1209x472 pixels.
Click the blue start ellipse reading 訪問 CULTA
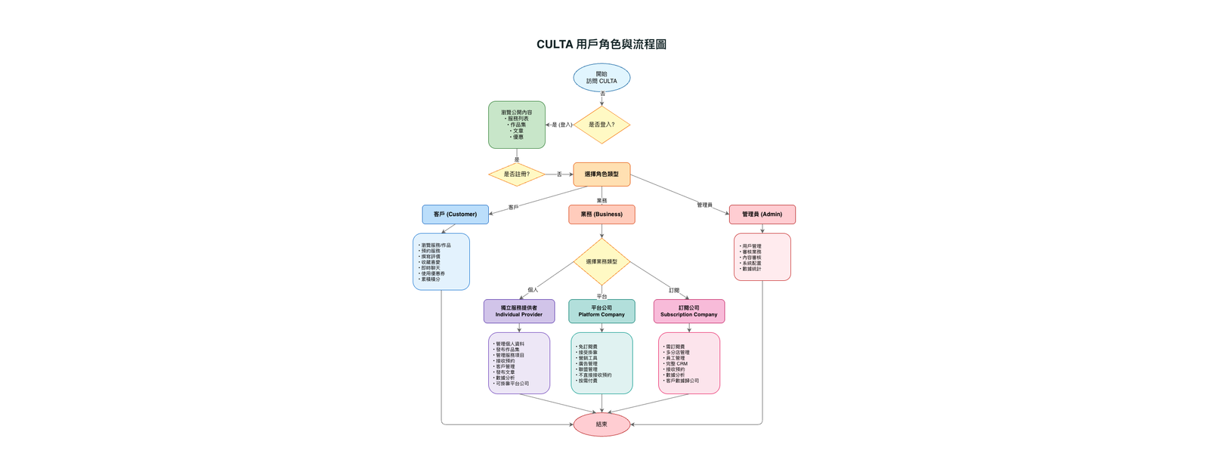point(601,78)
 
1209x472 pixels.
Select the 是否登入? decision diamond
point(601,125)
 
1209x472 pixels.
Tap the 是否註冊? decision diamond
point(517,174)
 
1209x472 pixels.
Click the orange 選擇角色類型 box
point(601,174)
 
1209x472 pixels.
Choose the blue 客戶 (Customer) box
point(455,214)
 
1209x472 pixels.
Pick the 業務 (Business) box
point(601,214)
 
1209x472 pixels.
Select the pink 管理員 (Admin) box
point(762,214)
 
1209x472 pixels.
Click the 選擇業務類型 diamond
point(601,261)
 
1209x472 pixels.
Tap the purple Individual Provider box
point(518,311)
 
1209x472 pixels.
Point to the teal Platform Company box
point(601,311)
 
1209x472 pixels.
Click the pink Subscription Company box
point(688,311)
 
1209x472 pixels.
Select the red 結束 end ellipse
point(601,424)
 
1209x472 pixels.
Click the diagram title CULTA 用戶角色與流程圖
point(601,45)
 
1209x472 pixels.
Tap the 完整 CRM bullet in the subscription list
point(676,364)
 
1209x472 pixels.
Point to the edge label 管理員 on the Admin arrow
point(704,205)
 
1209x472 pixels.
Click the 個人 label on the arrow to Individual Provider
point(533,290)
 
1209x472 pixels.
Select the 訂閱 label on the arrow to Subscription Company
point(674,291)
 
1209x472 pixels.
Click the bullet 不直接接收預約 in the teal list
point(595,375)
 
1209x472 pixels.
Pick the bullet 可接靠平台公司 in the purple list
point(512,384)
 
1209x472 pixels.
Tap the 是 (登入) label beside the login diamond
point(562,125)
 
